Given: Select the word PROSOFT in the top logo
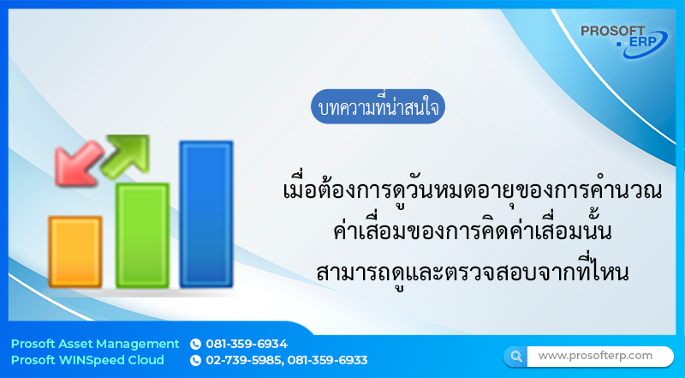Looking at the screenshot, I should tap(613, 31).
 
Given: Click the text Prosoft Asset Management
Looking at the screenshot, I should tap(95, 344).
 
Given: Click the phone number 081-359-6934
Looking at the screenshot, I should tap(247, 344).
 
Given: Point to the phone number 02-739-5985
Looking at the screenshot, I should tap(243, 360).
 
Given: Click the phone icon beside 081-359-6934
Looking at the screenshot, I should tap(195, 344).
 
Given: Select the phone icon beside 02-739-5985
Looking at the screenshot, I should tap(195, 360).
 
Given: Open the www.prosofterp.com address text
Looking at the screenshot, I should tap(595, 355).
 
